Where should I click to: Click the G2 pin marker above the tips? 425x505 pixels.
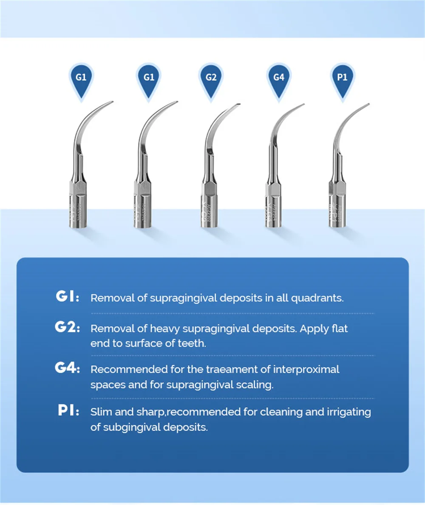211,77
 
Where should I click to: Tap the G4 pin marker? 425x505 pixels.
278,77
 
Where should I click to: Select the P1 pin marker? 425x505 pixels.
343,77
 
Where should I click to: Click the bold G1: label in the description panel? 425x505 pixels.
67,297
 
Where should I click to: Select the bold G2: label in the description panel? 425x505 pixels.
67,328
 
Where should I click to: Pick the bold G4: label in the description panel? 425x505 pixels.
67,369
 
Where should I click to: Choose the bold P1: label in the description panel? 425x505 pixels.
68,411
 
